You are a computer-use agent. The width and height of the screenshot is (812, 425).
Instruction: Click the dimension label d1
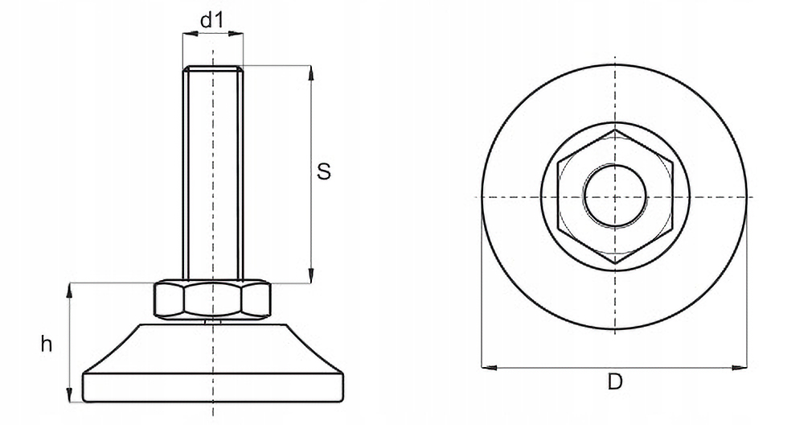211,20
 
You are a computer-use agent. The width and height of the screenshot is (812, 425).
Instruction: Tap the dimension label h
47,345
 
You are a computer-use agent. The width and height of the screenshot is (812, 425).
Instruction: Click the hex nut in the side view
212,299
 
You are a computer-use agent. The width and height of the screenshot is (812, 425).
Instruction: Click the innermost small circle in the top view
615,196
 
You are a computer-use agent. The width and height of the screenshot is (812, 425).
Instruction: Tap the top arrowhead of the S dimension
310,71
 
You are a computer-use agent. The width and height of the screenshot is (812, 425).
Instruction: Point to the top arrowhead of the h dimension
69,288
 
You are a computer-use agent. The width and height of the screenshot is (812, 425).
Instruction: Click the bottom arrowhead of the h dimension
69,396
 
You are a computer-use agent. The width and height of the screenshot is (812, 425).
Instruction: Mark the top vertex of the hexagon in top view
615,130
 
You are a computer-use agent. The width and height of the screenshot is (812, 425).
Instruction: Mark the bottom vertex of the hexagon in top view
615,264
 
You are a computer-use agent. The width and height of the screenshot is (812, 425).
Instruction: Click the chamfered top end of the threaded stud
212,68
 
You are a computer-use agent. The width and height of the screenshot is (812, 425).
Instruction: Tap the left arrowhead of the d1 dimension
187,34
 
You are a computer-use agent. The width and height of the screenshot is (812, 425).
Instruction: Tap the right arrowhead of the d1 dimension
239,34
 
